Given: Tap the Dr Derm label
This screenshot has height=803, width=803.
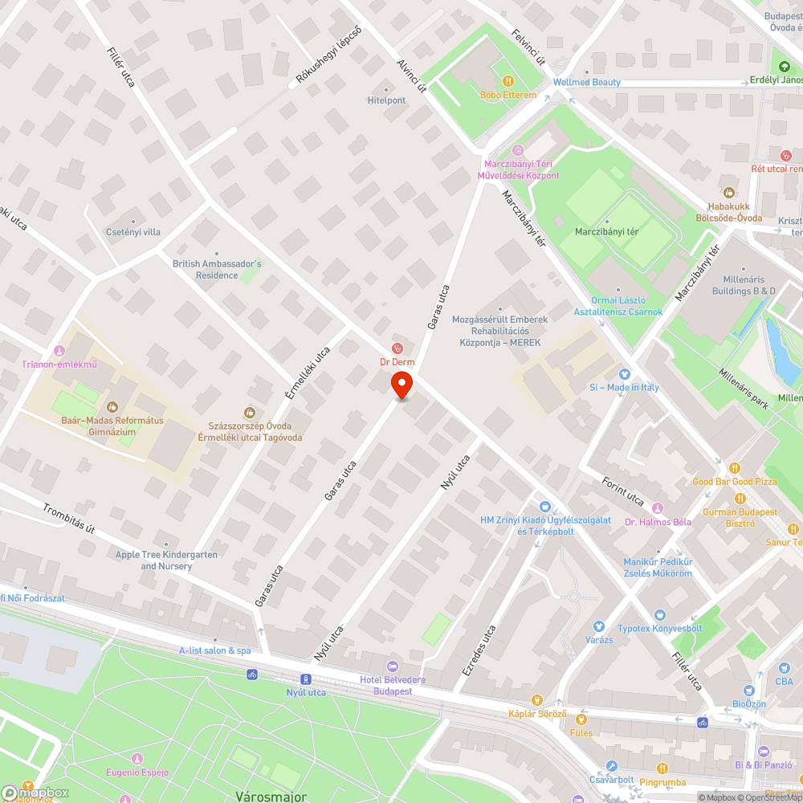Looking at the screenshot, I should coord(397,362).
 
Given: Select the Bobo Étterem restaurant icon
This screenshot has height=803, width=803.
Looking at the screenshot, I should coord(508,81).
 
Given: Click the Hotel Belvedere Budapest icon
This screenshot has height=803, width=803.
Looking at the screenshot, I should coord(393,666).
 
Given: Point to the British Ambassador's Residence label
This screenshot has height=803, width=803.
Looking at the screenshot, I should coord(217,269).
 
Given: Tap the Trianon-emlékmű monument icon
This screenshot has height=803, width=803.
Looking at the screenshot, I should coord(59,351).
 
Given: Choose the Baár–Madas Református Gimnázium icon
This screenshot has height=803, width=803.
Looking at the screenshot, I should coord(112,407).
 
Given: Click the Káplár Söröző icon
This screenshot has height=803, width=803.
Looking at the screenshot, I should coord(537,699).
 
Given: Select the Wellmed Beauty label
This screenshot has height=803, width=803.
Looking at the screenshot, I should coord(586,83).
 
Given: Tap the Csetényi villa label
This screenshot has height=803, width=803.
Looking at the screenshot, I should coord(133,232).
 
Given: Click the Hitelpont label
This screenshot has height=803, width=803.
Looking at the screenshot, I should coord(386,100).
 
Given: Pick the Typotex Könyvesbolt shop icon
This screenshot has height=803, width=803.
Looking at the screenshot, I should coord(660,614).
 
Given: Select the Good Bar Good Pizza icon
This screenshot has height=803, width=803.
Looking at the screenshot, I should coord(734,468).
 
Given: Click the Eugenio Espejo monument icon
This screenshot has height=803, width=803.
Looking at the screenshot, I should coord(137,759).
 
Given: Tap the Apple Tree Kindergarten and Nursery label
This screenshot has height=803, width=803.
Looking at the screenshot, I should coord(166,560).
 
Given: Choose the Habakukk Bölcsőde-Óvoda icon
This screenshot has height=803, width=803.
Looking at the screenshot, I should coord(728,193).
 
